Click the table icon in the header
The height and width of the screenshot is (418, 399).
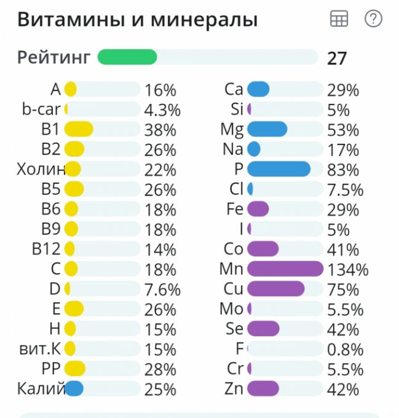pyautogui.click(x=339, y=19)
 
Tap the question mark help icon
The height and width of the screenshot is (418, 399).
pyautogui.click(x=373, y=19)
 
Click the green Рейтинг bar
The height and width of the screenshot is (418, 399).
pyautogui.click(x=127, y=57)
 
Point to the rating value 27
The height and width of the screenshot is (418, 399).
pyautogui.click(x=337, y=58)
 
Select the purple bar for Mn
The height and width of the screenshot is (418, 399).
pyautogui.click(x=285, y=269)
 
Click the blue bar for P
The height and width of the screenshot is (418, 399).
pyautogui.click(x=279, y=169)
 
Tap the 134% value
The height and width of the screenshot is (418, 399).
pyautogui.click(x=347, y=269)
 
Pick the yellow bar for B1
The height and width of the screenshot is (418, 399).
pyautogui.click(x=79, y=129)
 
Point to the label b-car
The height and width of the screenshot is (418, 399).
pyautogui.click(x=41, y=109)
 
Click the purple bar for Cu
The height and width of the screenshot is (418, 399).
pyautogui.click(x=275, y=289)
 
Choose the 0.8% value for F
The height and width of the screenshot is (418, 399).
pyautogui.click(x=345, y=349)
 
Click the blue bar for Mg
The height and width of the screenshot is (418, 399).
pyautogui.click(x=267, y=129)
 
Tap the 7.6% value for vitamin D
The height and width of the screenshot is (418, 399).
pyautogui.click(x=162, y=290)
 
